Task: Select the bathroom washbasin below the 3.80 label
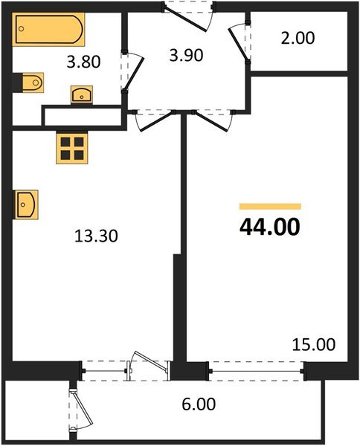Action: (x=82, y=94)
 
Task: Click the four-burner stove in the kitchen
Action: (x=72, y=148)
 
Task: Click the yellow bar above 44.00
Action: (x=270, y=206)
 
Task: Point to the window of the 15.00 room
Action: (x=257, y=366)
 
